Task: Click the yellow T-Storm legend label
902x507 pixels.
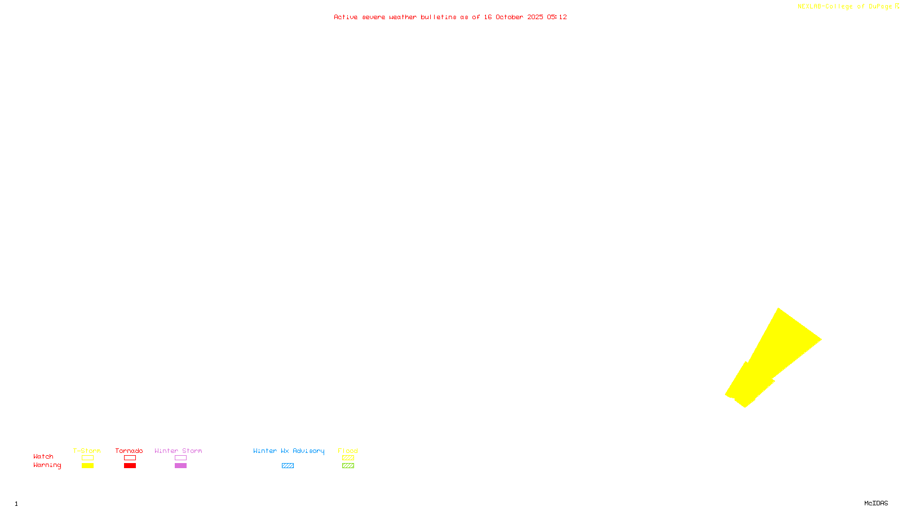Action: (87, 451)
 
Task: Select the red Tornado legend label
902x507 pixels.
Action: (129, 451)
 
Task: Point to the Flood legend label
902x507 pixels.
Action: (348, 451)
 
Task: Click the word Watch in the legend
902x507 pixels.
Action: (43, 456)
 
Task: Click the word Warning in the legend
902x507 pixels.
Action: (47, 465)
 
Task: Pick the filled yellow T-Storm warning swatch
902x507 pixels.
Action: (87, 466)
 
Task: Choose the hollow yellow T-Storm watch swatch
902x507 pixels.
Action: (87, 458)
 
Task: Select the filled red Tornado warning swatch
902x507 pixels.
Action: (130, 466)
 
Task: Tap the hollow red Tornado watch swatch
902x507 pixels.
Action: (130, 458)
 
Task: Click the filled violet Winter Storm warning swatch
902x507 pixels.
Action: (180, 466)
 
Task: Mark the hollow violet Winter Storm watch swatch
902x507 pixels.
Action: (180, 458)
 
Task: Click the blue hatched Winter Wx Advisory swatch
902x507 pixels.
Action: (288, 466)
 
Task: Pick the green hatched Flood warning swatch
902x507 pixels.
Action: (348, 466)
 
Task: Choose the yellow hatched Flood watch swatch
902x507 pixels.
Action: (348, 458)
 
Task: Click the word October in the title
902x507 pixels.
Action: (509, 17)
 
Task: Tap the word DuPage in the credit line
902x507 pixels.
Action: (881, 6)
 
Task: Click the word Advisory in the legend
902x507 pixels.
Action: (308, 451)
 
